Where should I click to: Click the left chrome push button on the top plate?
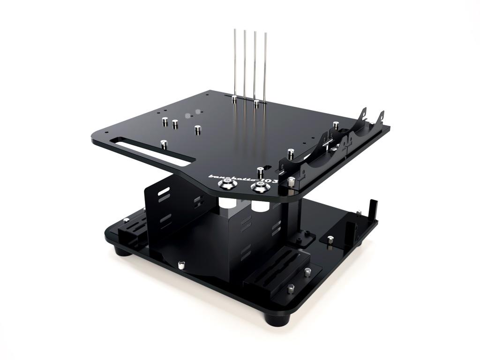[x=227, y=185]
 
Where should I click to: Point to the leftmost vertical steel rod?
[x=234, y=63]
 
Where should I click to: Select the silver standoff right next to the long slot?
[x=163, y=144]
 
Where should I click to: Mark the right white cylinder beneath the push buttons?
[x=257, y=206]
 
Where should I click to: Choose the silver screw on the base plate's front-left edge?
[x=181, y=266]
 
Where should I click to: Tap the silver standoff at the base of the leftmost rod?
[x=234, y=98]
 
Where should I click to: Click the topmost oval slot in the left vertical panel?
[x=164, y=192]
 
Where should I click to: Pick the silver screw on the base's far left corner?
[x=126, y=219]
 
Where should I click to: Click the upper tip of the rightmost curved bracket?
[x=382, y=114]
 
